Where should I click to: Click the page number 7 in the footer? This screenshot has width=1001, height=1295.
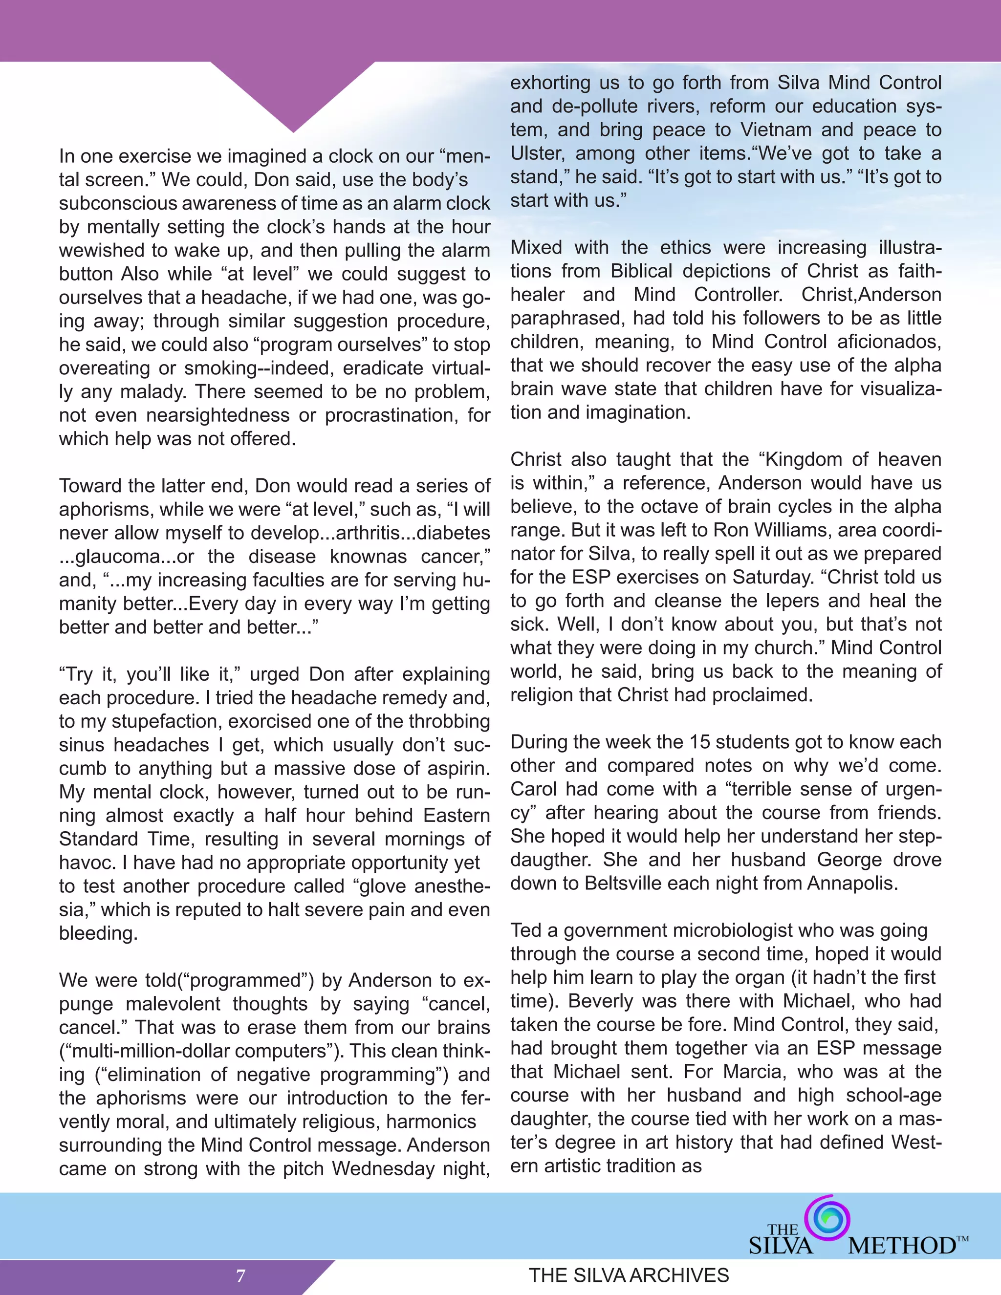point(241,1275)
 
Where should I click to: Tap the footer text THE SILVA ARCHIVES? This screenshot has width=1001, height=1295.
point(629,1275)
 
